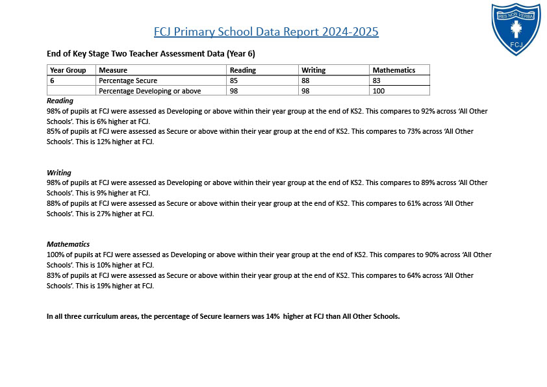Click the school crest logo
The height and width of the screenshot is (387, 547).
click(516, 29)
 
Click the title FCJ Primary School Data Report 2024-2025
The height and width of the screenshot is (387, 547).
click(266, 32)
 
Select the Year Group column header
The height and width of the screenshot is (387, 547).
click(68, 70)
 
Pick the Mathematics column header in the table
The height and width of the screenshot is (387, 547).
click(393, 70)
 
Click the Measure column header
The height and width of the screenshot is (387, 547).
click(113, 70)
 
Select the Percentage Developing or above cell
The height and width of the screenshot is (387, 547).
click(149, 91)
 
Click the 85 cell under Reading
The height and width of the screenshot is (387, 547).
click(234, 81)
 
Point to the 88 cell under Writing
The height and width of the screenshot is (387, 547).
click(305, 81)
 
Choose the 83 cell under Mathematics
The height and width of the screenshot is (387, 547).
click(377, 81)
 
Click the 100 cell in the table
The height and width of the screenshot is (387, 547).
click(379, 91)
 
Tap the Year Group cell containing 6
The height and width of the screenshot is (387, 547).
click(52, 81)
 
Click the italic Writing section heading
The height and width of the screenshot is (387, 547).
click(58, 173)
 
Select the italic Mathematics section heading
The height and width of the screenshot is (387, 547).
click(68, 244)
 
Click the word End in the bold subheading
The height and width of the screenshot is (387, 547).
click(53, 53)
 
